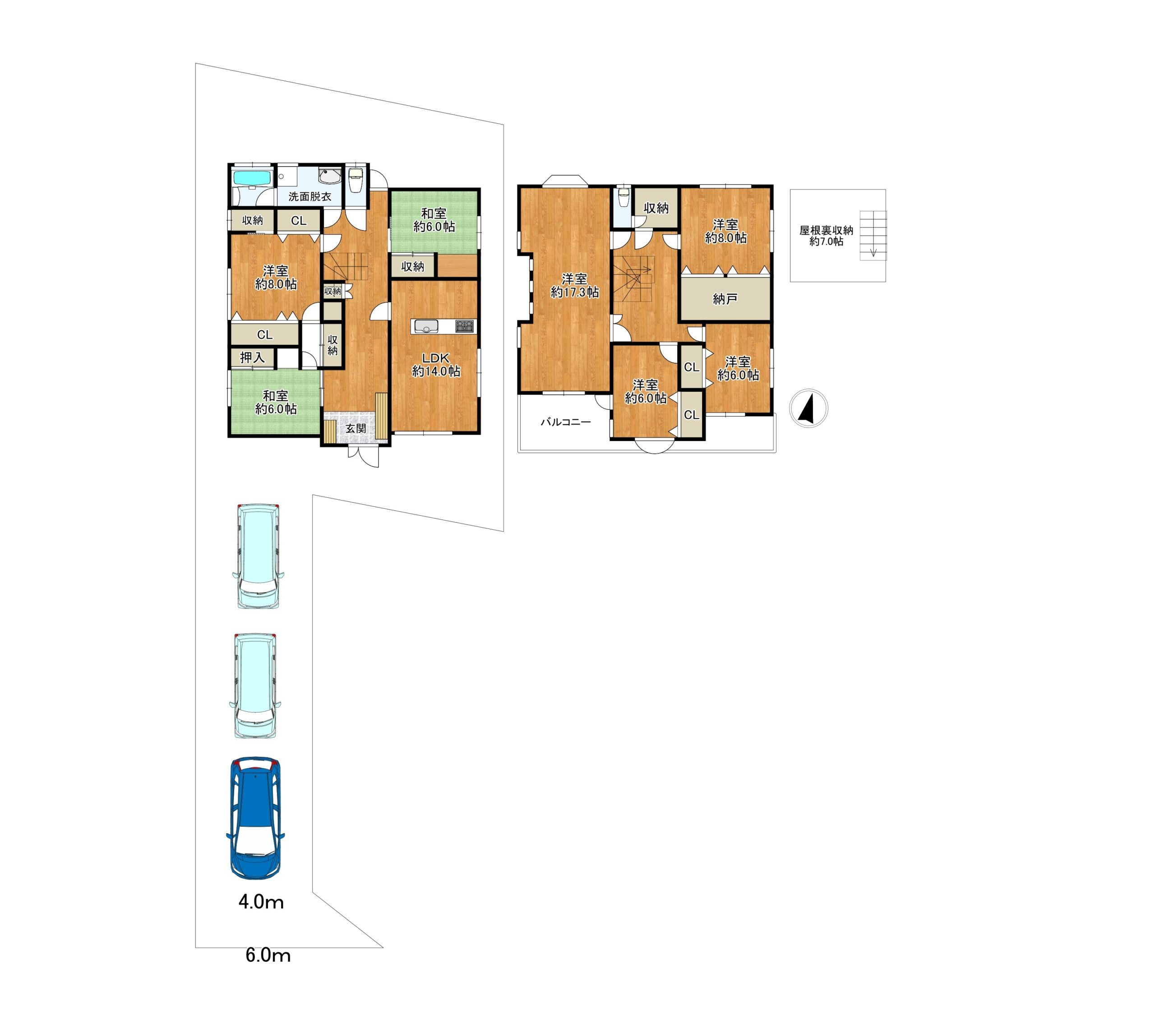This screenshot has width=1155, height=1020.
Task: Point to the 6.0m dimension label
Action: click(268, 955)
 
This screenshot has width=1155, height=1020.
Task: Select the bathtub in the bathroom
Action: click(253, 177)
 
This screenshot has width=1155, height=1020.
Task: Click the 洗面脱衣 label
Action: click(310, 197)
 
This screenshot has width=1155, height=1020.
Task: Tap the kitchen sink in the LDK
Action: click(426, 326)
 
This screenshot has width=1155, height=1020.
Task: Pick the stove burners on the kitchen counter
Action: click(465, 326)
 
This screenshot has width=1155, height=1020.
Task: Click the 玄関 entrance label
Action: click(356, 429)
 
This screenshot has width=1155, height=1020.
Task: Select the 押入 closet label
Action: click(252, 357)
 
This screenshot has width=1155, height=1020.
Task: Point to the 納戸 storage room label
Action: click(725, 299)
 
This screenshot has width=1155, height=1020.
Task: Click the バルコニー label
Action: click(566, 422)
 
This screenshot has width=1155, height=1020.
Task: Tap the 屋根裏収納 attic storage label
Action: click(826, 231)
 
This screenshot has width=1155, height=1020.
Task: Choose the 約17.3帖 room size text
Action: click(575, 292)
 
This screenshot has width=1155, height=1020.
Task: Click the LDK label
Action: click(436, 358)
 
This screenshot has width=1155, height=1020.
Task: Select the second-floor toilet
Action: click(623, 198)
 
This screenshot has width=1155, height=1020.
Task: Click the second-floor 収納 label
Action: click(656, 208)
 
